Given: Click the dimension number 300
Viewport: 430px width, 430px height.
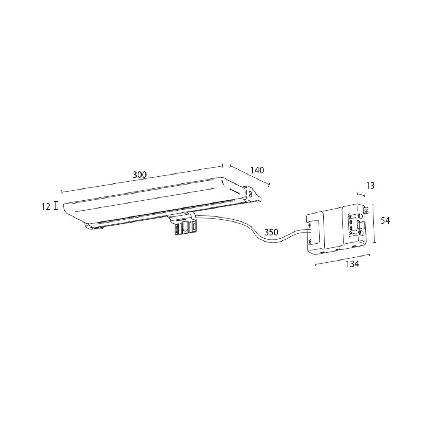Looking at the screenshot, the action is point(140,175).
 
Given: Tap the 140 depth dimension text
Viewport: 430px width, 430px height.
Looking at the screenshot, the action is point(257,170).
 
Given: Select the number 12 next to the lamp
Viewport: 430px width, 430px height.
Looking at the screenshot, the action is point(46,207).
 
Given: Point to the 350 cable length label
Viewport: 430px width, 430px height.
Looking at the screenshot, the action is point(271,233).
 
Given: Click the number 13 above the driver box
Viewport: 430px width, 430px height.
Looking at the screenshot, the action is point(371,186).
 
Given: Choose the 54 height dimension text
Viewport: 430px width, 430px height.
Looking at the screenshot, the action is point(385,221).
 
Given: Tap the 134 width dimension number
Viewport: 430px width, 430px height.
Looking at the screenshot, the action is point(353,264).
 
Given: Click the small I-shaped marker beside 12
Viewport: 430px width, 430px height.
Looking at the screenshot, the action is point(56,205).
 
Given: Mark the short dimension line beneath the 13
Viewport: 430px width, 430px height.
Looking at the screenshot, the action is point(361,195).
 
